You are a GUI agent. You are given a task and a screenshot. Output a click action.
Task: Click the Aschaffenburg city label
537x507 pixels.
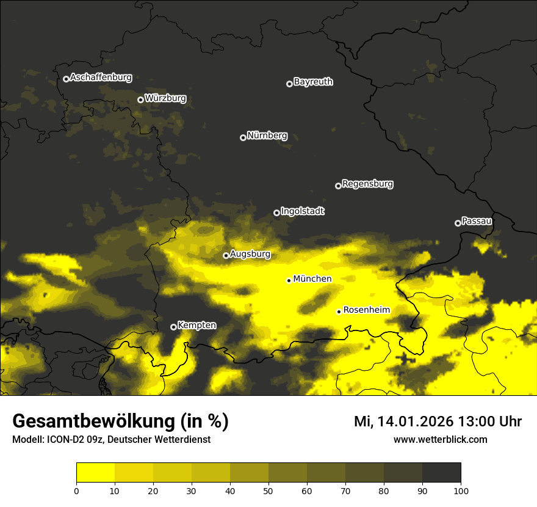[101, 78]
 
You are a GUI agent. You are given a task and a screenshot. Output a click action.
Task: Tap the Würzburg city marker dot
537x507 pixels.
[140, 100]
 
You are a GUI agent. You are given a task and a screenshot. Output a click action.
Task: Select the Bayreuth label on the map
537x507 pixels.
[313, 82]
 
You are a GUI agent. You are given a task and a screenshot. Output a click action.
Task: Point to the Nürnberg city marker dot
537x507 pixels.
[243, 137]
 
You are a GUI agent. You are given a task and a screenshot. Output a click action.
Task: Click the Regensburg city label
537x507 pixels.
[367, 184]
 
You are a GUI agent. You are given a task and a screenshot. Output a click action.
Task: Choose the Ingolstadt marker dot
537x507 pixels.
[276, 213]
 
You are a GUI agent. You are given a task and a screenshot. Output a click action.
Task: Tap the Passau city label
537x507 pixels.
[477, 221]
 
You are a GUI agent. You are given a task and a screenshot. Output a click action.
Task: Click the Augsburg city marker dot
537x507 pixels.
[226, 255]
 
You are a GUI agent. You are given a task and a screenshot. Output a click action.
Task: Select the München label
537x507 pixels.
[312, 279]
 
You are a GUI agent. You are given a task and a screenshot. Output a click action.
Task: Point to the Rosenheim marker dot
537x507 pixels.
[339, 312]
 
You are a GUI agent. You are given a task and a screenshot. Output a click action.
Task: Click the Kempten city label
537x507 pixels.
[196, 326]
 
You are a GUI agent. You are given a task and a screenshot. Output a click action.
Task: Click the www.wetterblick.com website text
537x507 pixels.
[440, 439]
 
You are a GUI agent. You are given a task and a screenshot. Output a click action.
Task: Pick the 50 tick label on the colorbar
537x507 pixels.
[268, 490]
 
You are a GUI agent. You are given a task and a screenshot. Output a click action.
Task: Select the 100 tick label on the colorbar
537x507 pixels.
[461, 490]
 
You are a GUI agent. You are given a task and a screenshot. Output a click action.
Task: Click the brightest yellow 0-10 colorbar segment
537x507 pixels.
[95, 473]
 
